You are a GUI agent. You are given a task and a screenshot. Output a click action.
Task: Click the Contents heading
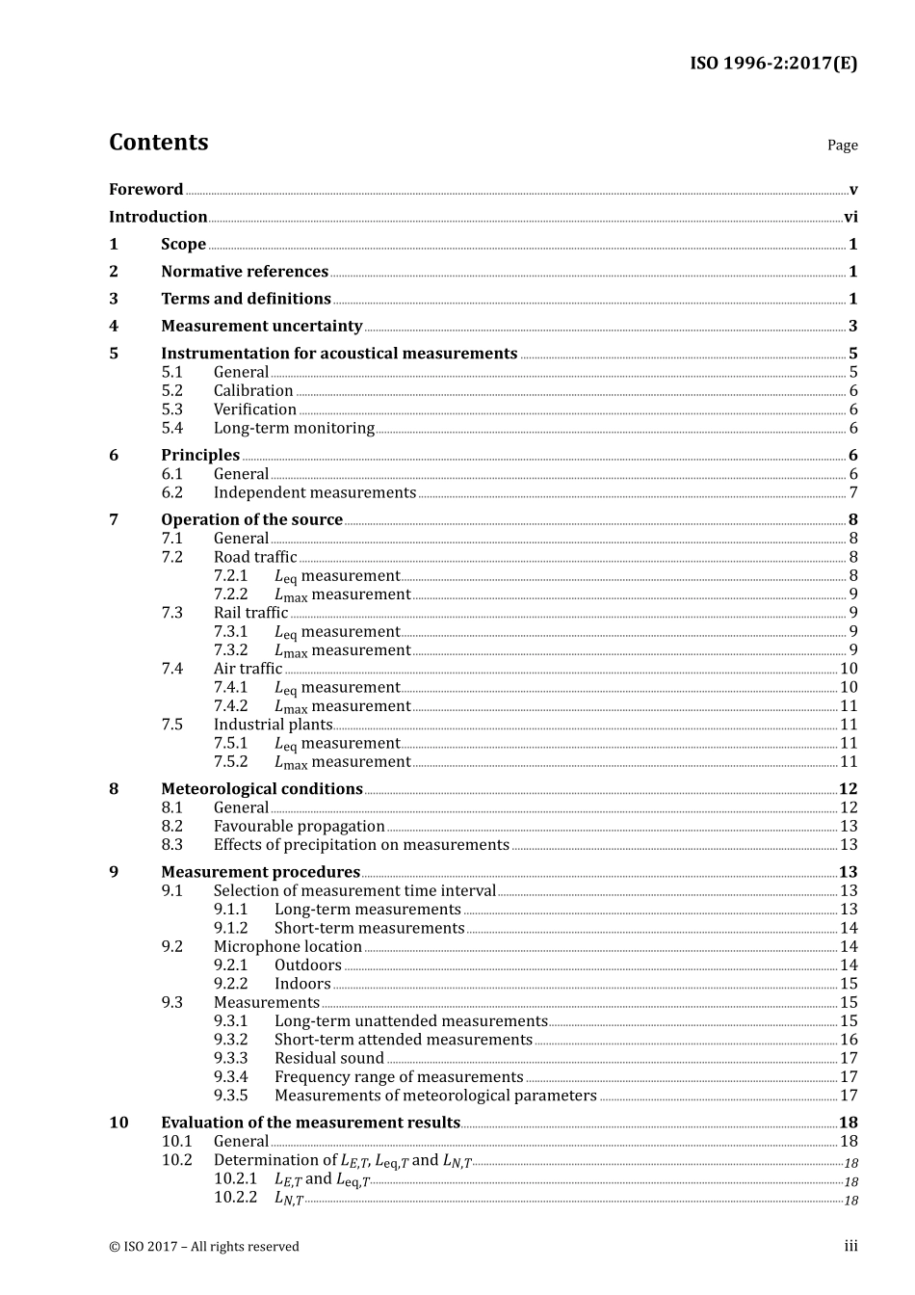158,143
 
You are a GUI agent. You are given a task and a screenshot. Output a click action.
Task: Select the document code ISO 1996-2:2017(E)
772,64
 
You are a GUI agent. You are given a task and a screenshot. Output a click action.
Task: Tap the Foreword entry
145,190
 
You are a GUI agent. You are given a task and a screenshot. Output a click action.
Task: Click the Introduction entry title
158,217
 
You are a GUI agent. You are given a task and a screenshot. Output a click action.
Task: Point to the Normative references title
245,272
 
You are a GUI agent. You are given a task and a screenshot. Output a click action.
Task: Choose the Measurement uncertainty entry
261,327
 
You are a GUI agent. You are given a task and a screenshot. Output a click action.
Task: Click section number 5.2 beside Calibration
171,391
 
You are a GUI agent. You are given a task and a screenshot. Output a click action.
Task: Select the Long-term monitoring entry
294,428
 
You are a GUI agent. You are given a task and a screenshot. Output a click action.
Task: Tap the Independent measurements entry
314,492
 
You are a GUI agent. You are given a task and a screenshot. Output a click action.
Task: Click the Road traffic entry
255,557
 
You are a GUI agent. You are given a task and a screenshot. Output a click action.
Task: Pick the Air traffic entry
248,669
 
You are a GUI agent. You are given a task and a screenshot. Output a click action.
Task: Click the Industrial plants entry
273,725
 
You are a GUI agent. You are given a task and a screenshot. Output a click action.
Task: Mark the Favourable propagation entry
299,827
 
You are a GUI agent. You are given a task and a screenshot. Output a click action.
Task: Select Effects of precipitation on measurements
361,845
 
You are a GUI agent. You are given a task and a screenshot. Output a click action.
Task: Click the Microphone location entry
287,947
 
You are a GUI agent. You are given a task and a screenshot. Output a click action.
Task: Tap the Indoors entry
302,984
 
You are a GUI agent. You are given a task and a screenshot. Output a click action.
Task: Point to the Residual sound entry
328,1058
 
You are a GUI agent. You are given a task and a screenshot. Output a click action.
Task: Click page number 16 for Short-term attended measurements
849,1040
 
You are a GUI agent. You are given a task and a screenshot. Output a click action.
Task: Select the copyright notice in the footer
204,1247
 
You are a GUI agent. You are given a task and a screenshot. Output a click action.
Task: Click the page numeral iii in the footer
850,1247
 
